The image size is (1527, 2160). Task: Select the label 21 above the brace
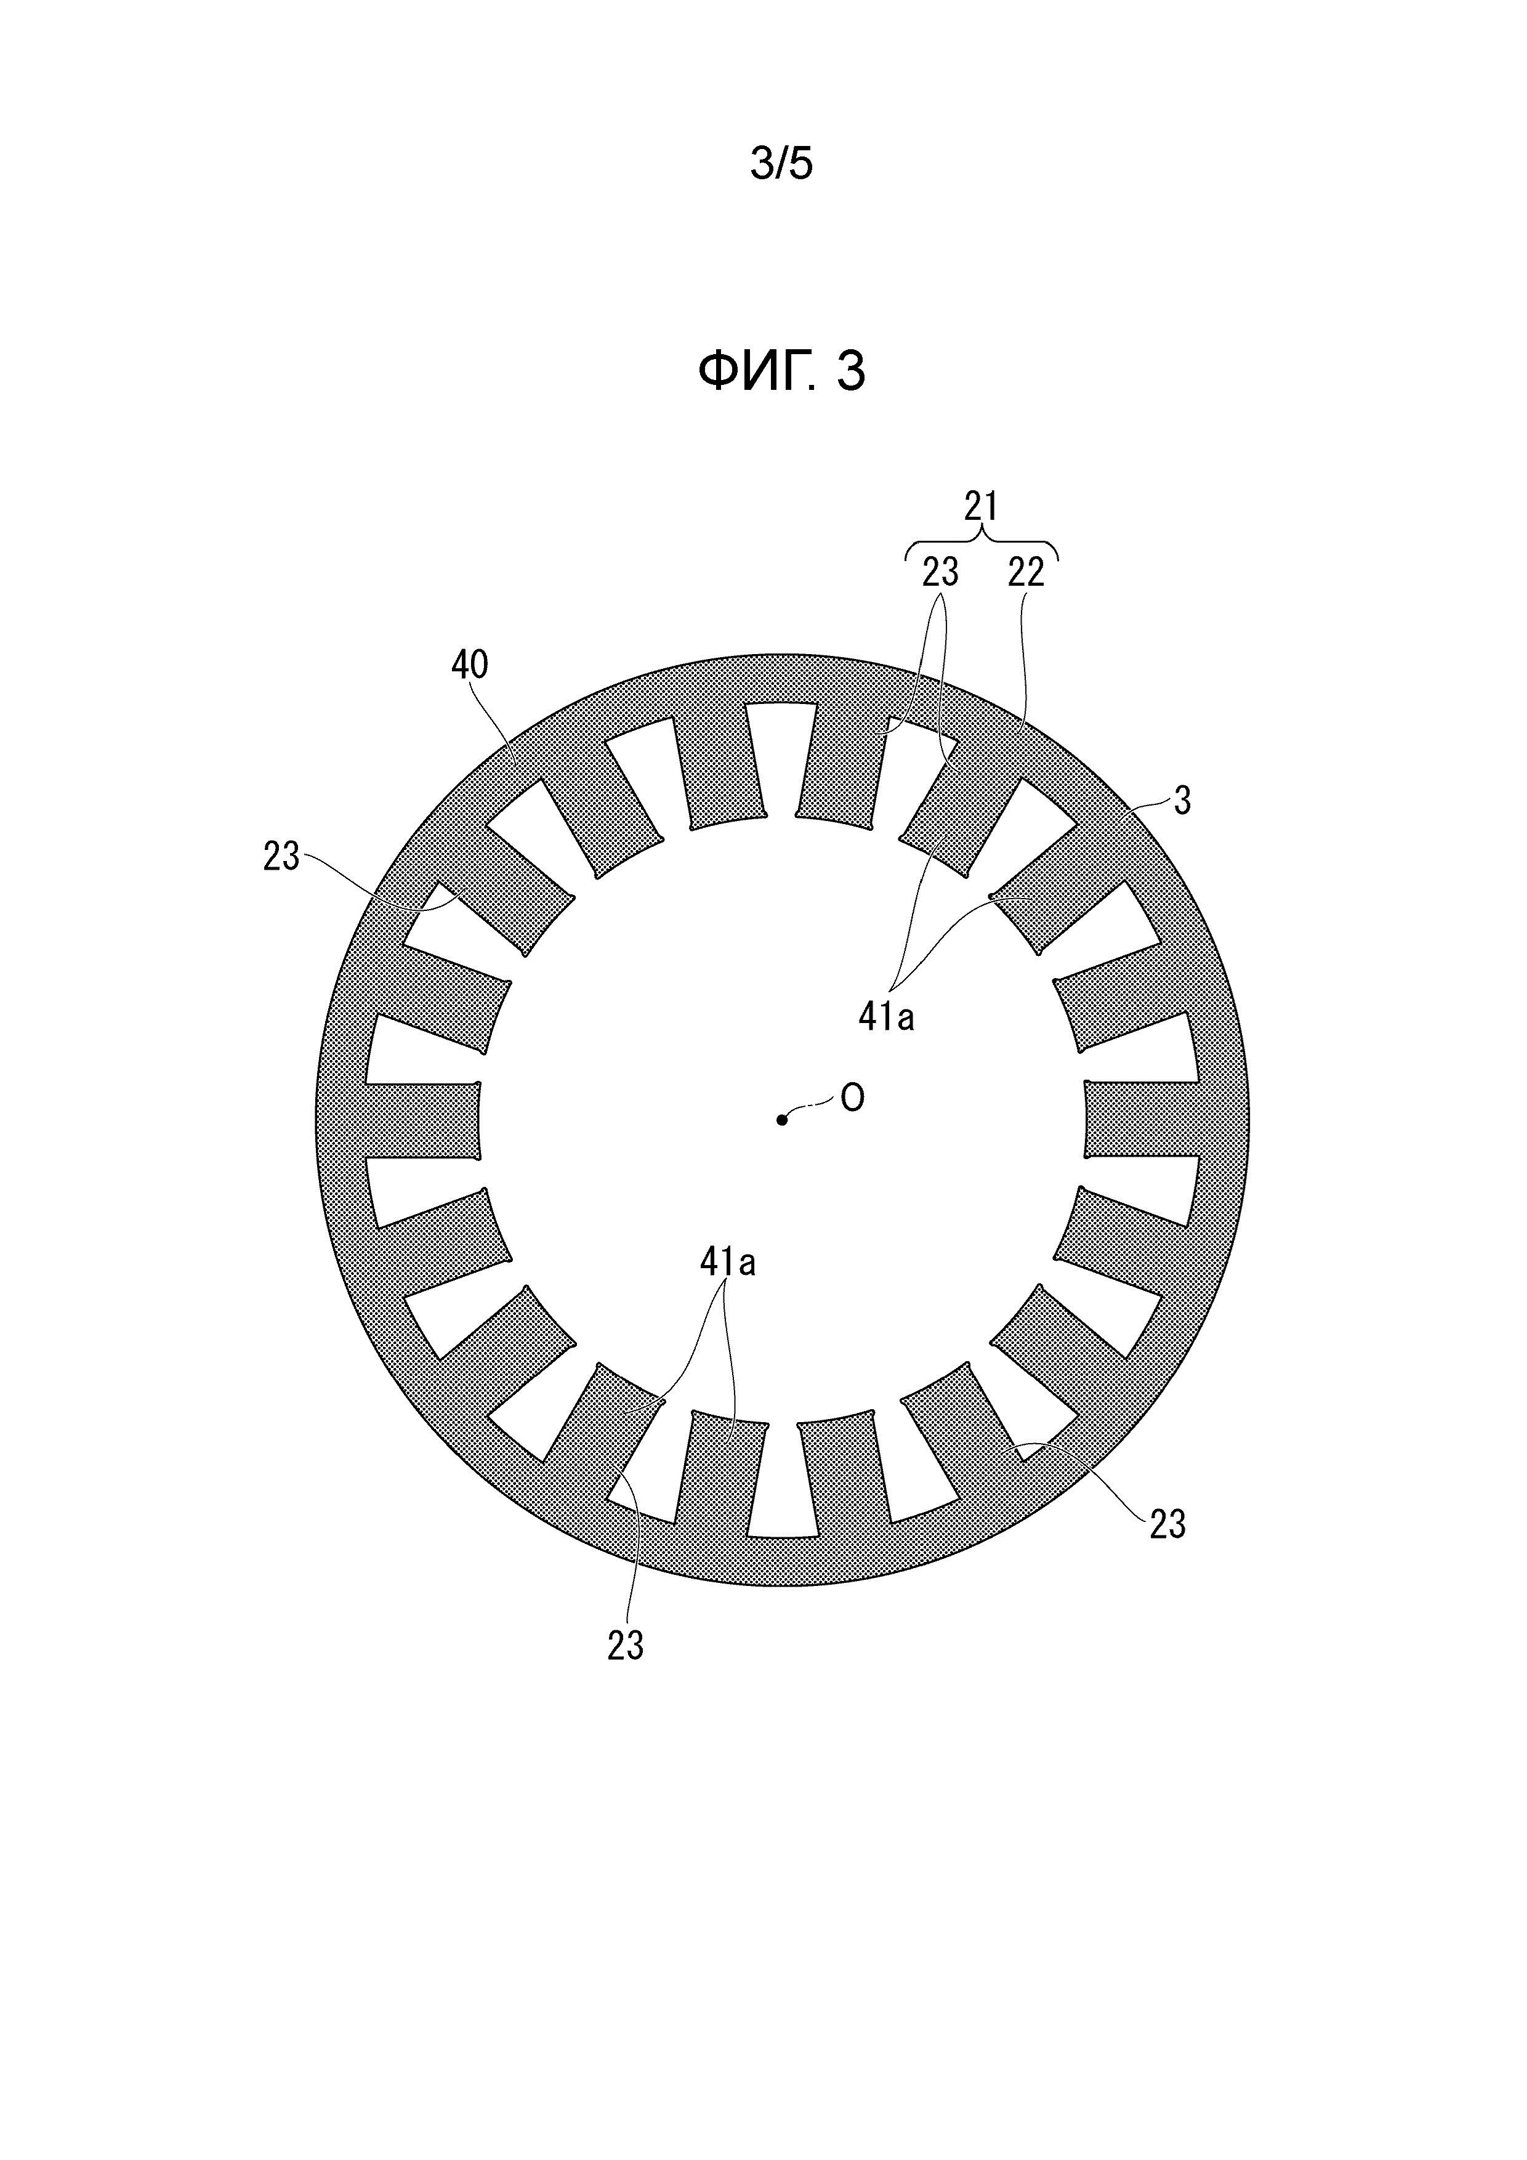[x=981, y=507]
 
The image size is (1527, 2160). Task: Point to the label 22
[x=1026, y=573]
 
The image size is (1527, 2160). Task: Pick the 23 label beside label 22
[x=940, y=572]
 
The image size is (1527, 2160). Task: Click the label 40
[x=469, y=665]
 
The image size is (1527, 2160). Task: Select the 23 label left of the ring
[x=281, y=856]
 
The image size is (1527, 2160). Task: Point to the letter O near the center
[x=852, y=1098]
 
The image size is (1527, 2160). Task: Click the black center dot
[x=781, y=1120]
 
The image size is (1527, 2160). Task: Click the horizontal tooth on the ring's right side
[x=1142, y=1120]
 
